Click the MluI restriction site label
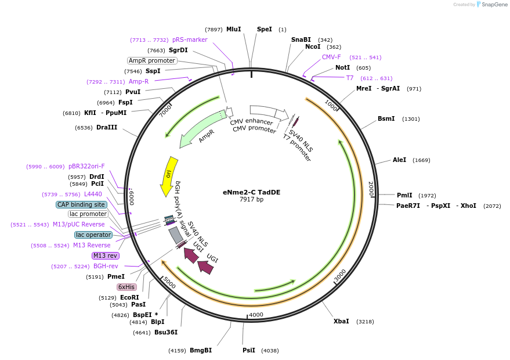click(x=233, y=29)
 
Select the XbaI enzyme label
click(x=341, y=321)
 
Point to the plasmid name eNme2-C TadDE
click(x=251, y=192)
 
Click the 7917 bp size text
click(x=251, y=200)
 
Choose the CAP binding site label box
click(x=81, y=204)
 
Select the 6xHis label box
click(x=126, y=287)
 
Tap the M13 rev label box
click(x=105, y=255)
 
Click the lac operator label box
click(x=93, y=235)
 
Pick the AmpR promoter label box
click(x=152, y=60)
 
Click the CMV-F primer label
click(x=331, y=57)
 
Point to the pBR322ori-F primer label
click(x=86, y=166)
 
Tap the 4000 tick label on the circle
click(x=256, y=315)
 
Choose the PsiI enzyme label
click(x=248, y=350)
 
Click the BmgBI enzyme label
click(x=200, y=350)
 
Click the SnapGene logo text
click(x=493, y=5)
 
